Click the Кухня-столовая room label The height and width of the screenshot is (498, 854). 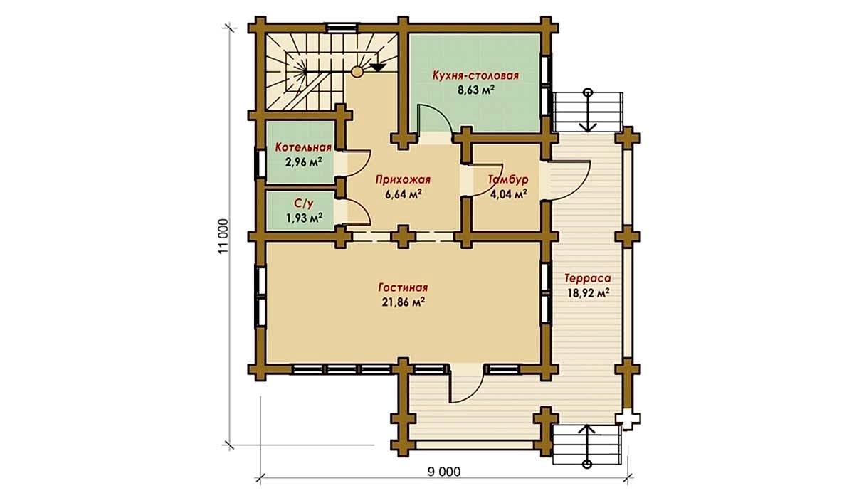[x=475, y=75]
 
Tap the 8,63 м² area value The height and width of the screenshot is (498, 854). [x=476, y=90]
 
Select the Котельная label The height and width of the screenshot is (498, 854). [x=303, y=147]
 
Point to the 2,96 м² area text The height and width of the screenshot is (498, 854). [x=303, y=162]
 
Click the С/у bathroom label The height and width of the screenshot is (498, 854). [x=304, y=203]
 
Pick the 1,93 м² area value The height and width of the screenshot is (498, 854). [x=305, y=218]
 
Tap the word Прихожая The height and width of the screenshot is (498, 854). [x=403, y=180]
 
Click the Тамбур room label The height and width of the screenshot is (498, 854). [x=508, y=179]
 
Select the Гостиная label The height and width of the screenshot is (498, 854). [x=403, y=287]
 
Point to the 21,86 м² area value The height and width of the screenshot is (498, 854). [x=404, y=302]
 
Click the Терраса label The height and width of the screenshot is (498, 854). [x=588, y=279]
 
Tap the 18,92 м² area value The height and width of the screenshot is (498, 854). [x=588, y=293]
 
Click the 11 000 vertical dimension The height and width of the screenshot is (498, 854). [x=223, y=236]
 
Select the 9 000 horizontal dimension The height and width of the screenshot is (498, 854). [x=444, y=472]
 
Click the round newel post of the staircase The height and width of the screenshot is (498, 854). [x=357, y=71]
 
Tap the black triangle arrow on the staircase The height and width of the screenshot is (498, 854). [x=378, y=68]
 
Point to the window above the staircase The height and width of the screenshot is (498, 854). [x=342, y=28]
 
